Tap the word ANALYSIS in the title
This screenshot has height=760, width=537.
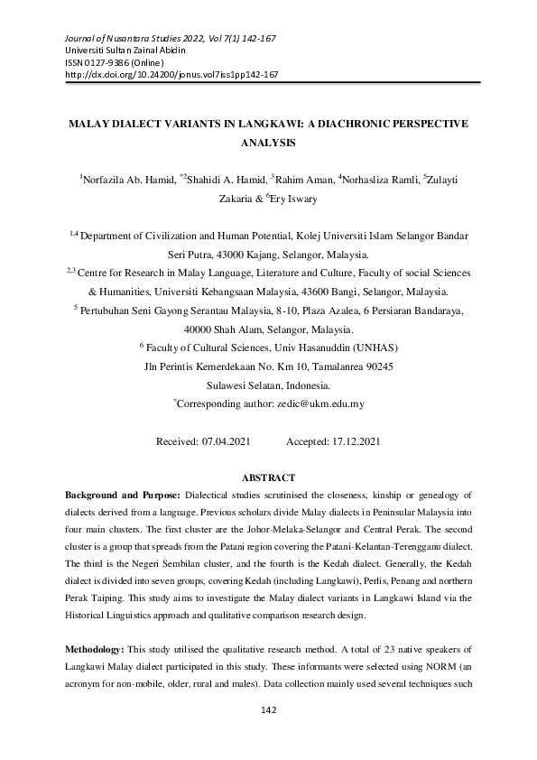click(x=268, y=142)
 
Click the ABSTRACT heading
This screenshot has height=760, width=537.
click(x=268, y=477)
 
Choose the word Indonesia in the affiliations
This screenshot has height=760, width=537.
click(x=304, y=385)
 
